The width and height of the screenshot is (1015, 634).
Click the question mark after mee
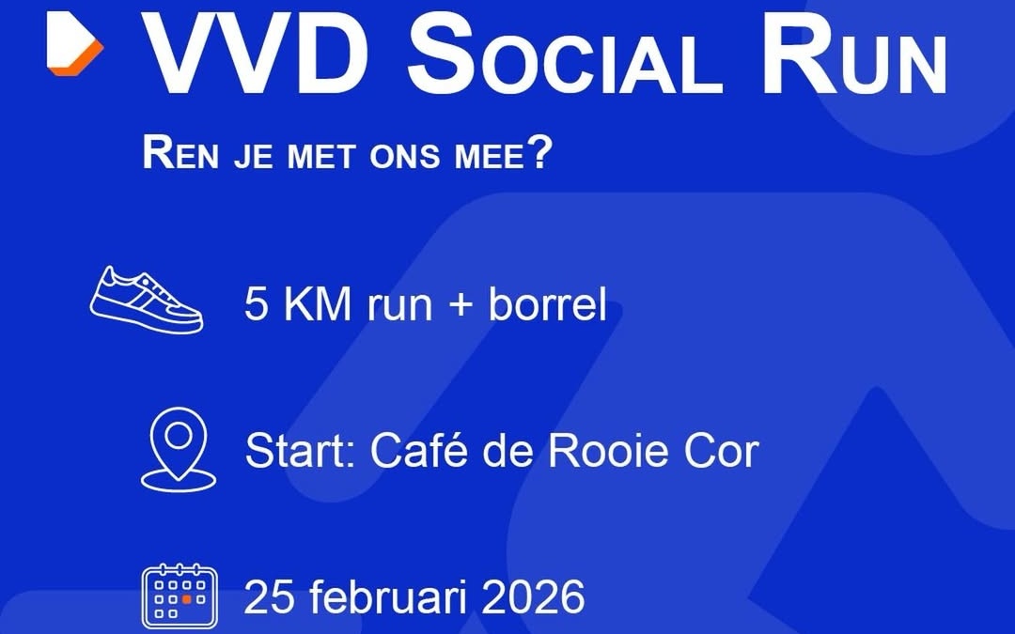click(x=537, y=153)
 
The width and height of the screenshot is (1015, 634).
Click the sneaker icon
click(x=147, y=300)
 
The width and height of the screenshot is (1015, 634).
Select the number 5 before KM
click(x=256, y=305)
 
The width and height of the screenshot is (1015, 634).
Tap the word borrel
click(x=547, y=305)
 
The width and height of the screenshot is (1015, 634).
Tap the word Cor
click(x=720, y=452)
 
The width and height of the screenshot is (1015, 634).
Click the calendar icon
click(x=179, y=596)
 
